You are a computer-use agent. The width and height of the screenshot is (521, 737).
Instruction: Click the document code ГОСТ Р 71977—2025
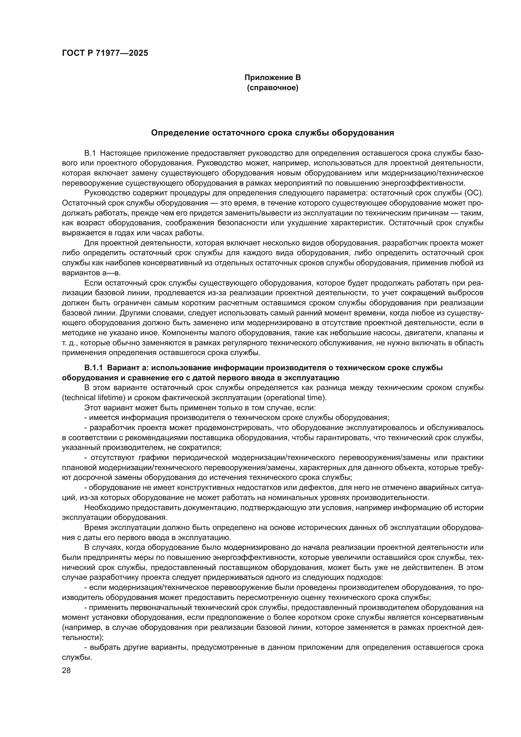click(105, 53)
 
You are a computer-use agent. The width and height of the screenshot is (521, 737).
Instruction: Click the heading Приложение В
click(272, 78)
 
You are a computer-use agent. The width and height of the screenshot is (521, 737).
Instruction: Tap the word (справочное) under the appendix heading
click(272, 88)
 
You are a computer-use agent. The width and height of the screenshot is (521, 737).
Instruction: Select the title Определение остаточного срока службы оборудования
click(272, 133)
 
